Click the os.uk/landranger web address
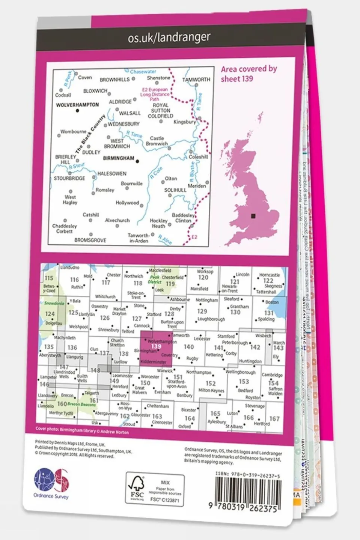[x=169, y=37]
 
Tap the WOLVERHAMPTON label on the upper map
[x=77, y=105]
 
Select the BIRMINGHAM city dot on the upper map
[x=137, y=161]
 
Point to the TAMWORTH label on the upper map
[x=196, y=80]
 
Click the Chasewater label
[x=143, y=71]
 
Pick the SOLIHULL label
[x=175, y=190]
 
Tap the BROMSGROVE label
[x=90, y=240]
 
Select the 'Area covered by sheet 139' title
[x=249, y=74]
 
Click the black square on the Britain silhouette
[x=254, y=216]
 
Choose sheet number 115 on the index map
[x=49, y=278]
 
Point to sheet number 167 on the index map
[x=274, y=419]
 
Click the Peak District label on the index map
[x=155, y=280]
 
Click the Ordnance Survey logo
[x=51, y=483]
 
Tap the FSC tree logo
[x=137, y=488]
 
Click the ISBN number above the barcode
[x=248, y=475]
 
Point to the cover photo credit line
[x=82, y=432]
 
